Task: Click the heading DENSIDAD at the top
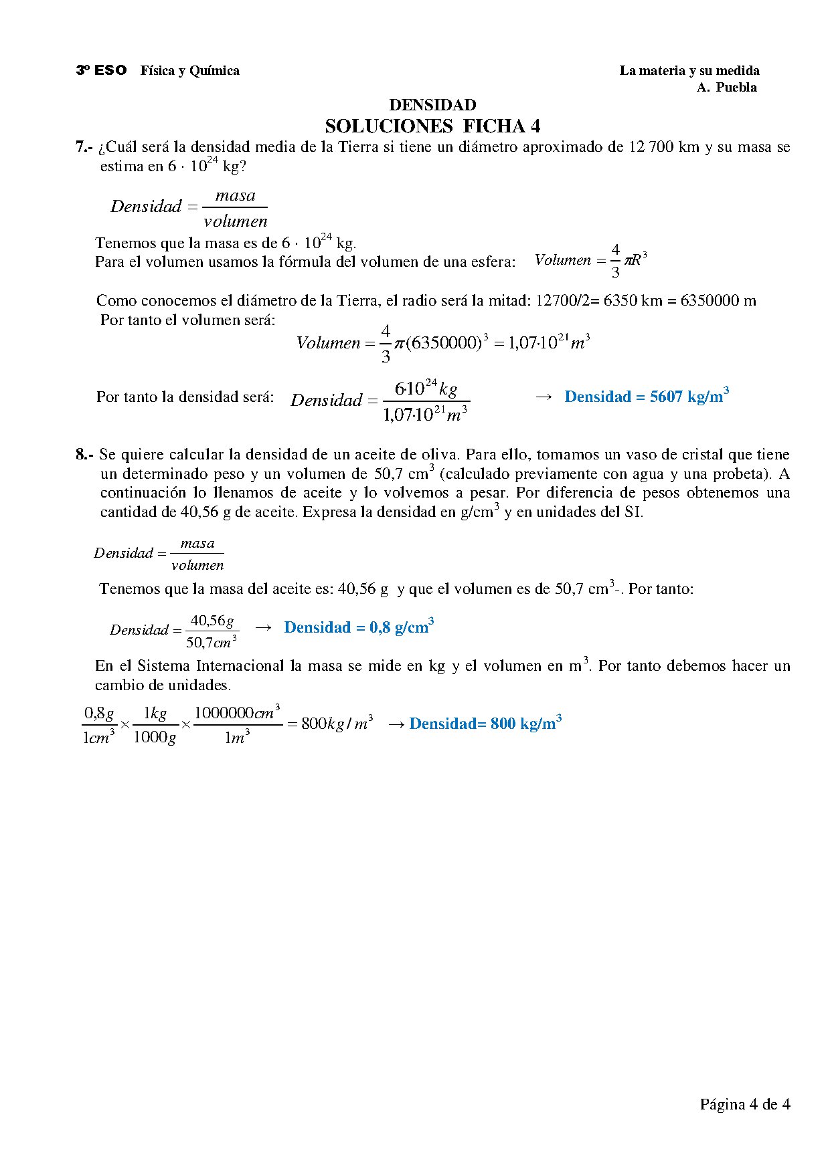[x=432, y=105]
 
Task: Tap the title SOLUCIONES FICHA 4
[x=432, y=126]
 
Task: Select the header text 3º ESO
[x=101, y=70]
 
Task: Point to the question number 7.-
[x=84, y=147]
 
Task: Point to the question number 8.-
[x=84, y=455]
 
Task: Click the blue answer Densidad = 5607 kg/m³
[x=646, y=397]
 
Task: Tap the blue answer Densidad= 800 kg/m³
[x=485, y=724]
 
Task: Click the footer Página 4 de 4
[x=744, y=1104]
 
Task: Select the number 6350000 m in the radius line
[x=718, y=301]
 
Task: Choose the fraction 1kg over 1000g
[x=155, y=725]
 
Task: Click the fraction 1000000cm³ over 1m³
[x=237, y=725]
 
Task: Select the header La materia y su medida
[x=689, y=70]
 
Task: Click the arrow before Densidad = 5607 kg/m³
[x=544, y=397]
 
